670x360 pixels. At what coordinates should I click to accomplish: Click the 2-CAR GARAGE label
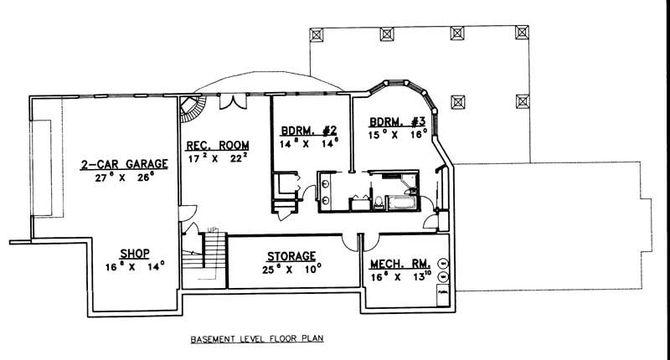pyautogui.click(x=124, y=164)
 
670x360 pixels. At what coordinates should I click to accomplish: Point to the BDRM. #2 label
pyautogui.click(x=308, y=130)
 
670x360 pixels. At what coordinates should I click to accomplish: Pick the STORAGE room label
pyautogui.click(x=291, y=255)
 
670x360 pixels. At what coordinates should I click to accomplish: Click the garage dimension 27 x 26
pyautogui.click(x=124, y=178)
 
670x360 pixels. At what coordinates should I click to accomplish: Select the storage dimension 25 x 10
pyautogui.click(x=291, y=270)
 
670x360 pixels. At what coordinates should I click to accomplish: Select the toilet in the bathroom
pyautogui.click(x=379, y=202)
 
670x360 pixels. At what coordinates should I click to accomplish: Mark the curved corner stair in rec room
pyautogui.click(x=193, y=110)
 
